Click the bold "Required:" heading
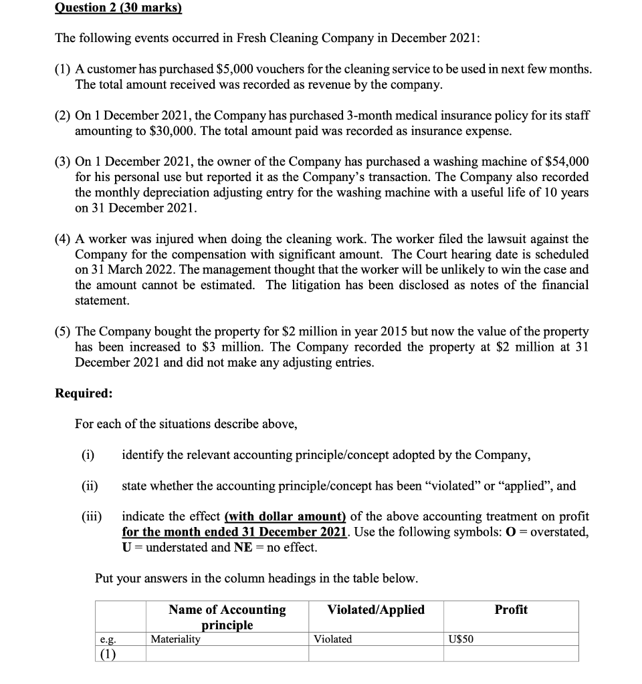tap(84, 393)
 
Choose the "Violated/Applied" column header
tap(376, 609)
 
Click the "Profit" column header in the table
tap(511, 609)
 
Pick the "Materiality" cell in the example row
tap(175, 639)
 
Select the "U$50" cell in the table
tap(461, 639)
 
